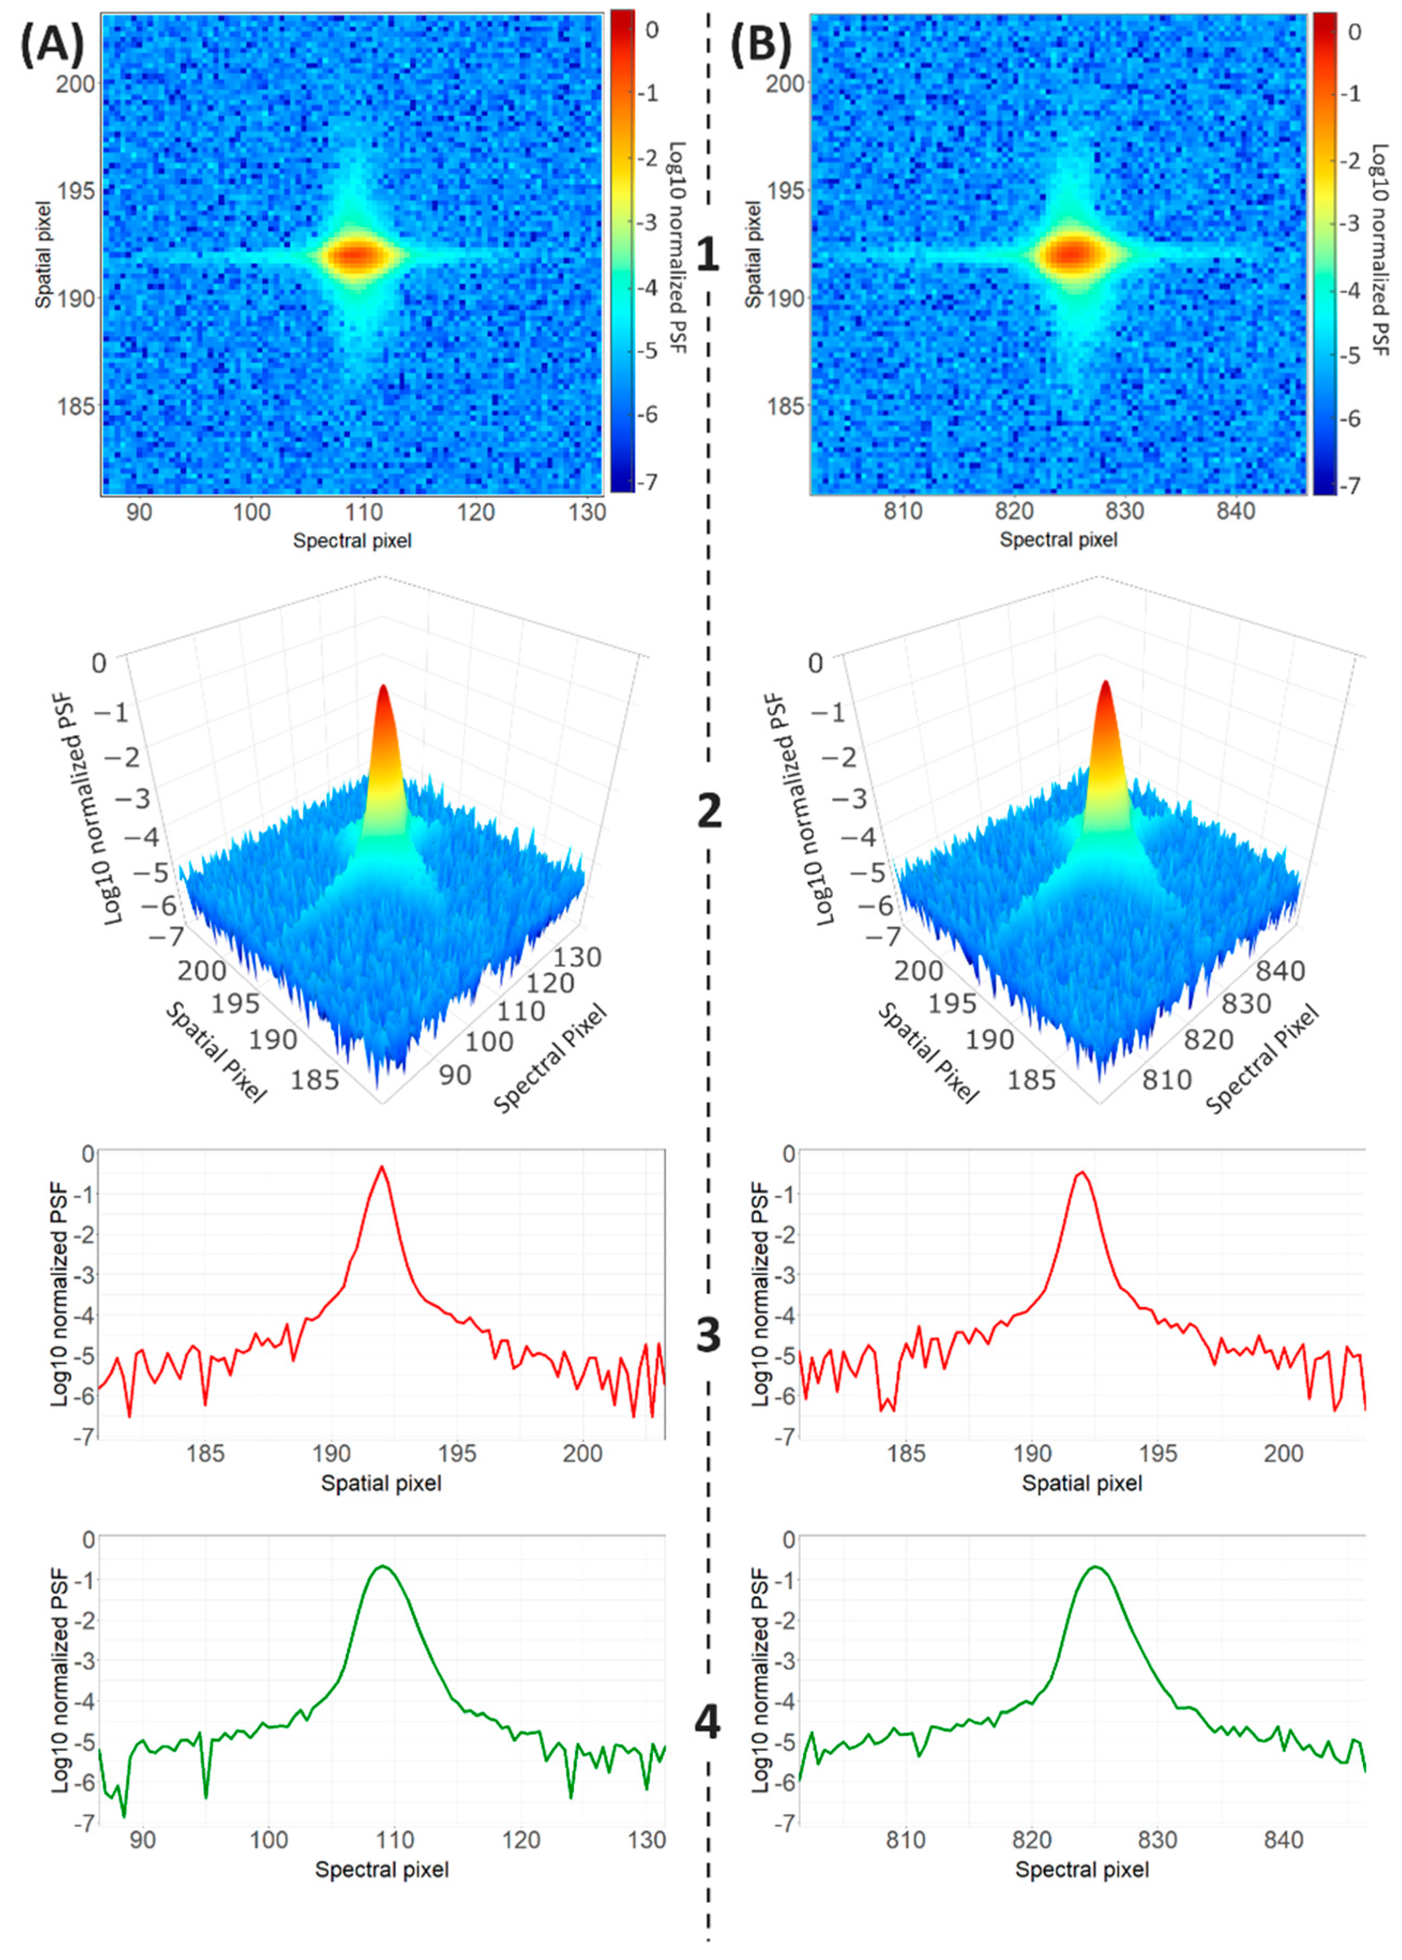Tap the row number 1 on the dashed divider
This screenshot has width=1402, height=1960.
pos(707,255)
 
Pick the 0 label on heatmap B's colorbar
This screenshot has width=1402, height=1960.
pos(1354,32)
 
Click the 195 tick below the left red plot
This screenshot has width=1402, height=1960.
pos(457,1453)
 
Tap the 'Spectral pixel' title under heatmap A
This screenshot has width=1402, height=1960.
pos(352,541)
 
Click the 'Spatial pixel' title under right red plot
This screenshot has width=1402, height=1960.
pos(1082,1483)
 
